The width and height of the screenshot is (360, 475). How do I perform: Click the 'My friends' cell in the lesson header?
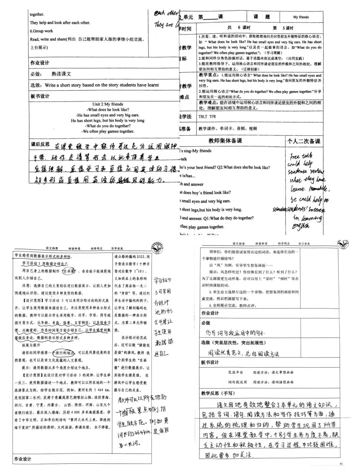301,17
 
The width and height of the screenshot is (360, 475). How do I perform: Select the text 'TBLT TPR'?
207,117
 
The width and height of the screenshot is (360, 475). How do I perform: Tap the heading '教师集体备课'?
225,141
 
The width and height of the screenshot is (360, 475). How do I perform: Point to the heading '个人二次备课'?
304,141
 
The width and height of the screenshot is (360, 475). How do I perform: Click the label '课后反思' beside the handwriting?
40,144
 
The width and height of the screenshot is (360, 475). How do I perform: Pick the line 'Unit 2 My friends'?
108,104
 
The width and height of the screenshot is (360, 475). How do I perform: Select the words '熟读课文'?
61,74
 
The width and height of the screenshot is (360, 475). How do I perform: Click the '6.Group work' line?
41,31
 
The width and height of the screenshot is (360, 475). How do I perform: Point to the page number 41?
341,464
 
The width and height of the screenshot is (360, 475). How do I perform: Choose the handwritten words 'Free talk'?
301,156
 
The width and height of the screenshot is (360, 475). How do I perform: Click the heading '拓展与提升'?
31,345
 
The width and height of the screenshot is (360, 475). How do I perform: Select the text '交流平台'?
236,372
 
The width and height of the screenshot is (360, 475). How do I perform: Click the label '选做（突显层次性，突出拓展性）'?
233,343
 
